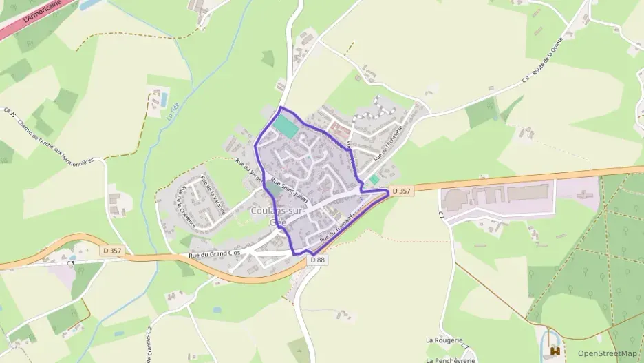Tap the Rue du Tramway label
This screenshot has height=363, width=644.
click(336, 225)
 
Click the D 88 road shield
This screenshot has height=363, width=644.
click(317, 260)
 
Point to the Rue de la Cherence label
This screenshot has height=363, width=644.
click(186, 207)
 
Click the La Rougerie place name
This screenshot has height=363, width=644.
click(442, 340)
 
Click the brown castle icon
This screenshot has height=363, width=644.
click(555, 352)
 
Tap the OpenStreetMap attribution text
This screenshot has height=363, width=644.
click(607, 353)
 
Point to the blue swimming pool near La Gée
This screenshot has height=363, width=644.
click(164, 96)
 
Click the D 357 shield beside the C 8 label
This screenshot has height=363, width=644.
click(111, 251)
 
